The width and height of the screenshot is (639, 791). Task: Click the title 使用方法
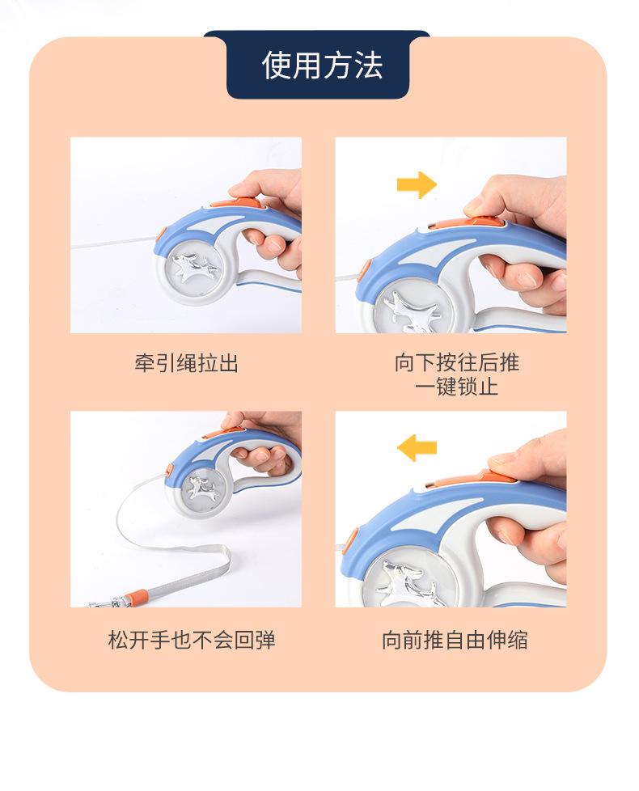(x=322, y=66)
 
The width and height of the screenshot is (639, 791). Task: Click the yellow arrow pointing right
(x=416, y=185)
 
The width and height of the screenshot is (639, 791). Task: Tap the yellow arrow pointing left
(x=417, y=447)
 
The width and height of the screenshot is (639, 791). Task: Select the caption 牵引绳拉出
(x=186, y=362)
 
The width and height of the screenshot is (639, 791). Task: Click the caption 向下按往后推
(x=456, y=362)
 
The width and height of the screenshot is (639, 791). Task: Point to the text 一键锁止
(x=456, y=387)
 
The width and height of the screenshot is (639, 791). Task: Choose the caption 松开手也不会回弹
(x=192, y=640)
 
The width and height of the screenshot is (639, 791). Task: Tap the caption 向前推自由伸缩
(x=455, y=640)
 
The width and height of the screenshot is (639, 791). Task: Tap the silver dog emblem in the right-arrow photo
(x=411, y=311)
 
